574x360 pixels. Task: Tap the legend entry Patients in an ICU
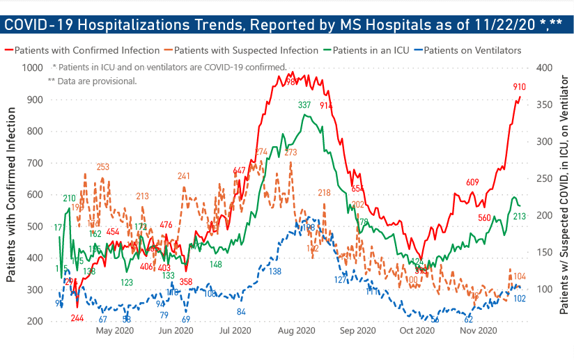point(371,51)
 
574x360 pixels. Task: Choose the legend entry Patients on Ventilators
point(472,51)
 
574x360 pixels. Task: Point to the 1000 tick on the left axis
point(32,68)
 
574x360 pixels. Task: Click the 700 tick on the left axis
point(34,163)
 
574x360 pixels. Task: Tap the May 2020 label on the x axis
point(114,331)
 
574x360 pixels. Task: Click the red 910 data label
point(520,87)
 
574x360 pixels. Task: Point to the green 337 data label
point(304,105)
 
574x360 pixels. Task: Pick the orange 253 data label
point(102,167)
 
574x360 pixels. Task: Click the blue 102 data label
point(519,298)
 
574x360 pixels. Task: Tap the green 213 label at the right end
point(519,217)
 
